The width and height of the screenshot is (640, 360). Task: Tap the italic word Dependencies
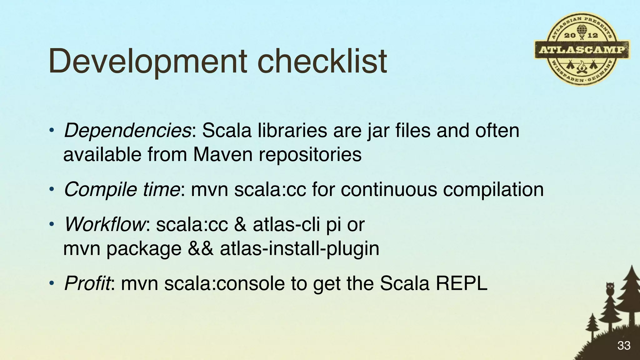127,131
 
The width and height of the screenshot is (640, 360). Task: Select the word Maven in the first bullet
222,154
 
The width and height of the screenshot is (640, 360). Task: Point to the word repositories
310,154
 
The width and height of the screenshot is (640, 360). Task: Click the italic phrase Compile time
122,189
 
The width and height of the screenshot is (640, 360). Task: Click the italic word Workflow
104,224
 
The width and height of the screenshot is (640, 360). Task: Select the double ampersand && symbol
201,249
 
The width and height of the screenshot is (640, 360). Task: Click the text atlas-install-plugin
299,249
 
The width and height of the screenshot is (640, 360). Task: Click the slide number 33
624,346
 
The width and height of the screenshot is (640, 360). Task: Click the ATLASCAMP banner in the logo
582,50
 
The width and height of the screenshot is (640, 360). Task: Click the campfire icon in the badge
582,67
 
